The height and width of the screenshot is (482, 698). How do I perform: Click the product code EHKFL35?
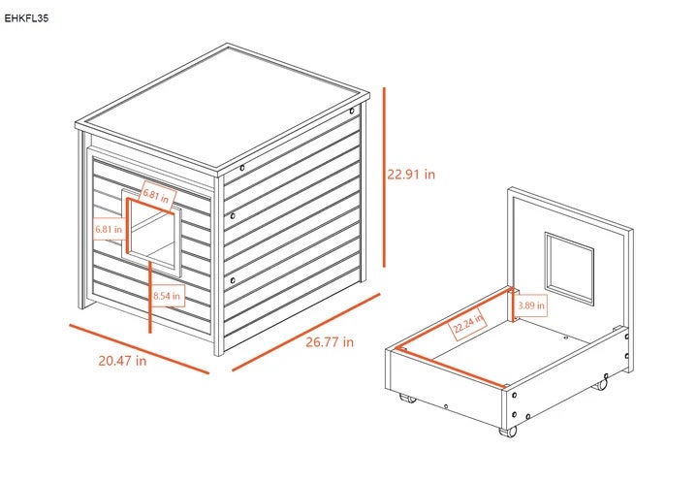point(26,18)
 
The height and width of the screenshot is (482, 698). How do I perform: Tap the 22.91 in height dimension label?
point(411,175)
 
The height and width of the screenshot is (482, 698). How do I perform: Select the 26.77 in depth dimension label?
point(330,342)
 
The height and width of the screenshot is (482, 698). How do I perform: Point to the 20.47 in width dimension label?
point(122,361)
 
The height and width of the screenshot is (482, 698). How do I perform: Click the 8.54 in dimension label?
point(167,296)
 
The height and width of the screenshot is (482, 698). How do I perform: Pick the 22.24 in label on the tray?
point(467,324)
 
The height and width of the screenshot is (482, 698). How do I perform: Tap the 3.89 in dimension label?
point(531,305)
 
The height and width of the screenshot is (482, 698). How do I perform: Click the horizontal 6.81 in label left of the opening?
point(109,230)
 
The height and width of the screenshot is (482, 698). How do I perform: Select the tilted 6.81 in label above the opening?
point(156,196)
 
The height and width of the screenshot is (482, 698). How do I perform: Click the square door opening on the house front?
point(151,230)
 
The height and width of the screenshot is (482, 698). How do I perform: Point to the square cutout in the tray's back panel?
point(569,269)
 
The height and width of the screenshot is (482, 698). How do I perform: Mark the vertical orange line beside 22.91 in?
point(384,177)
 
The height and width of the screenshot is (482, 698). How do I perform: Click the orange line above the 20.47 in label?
point(139,349)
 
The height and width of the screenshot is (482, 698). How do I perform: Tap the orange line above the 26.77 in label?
point(306,332)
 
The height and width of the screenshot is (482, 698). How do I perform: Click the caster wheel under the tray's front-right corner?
point(508,431)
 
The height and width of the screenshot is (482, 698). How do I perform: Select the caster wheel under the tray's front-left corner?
point(407,398)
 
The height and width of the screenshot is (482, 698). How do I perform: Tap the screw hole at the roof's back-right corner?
point(352,111)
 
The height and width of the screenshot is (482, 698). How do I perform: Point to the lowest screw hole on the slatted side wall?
point(233,280)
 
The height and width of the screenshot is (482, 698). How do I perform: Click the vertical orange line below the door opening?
point(150,297)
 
